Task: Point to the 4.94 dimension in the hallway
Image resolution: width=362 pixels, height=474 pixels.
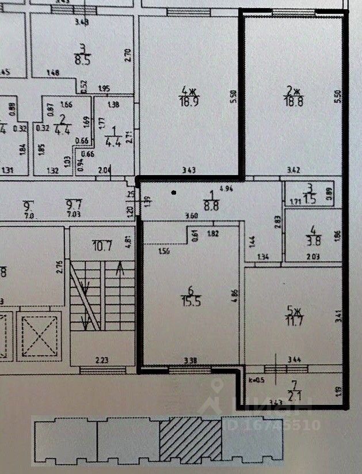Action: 226,188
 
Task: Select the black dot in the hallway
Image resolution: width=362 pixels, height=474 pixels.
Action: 174,193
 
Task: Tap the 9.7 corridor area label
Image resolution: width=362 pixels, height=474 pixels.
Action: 73,204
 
